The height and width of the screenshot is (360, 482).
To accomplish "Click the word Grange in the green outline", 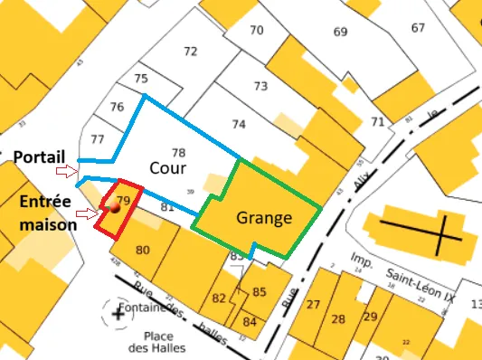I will [264, 218].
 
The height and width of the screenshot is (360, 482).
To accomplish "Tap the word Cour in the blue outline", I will [168, 168].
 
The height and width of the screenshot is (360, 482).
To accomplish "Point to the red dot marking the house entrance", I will [115, 208].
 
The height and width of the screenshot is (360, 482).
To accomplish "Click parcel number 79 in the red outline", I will [124, 199].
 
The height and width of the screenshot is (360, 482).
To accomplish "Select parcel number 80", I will [142, 250].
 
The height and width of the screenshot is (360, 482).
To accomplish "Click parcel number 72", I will [190, 52].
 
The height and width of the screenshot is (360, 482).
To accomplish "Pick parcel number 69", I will [340, 33].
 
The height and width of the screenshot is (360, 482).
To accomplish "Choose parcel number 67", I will [418, 27].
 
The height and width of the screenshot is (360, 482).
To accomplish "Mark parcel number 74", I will [239, 123].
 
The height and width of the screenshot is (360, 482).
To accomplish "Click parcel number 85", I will [260, 291].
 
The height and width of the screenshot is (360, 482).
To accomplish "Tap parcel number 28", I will [338, 319].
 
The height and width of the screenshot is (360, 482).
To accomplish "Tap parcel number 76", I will [117, 107].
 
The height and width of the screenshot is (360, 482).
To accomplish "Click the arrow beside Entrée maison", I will [87, 214].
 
